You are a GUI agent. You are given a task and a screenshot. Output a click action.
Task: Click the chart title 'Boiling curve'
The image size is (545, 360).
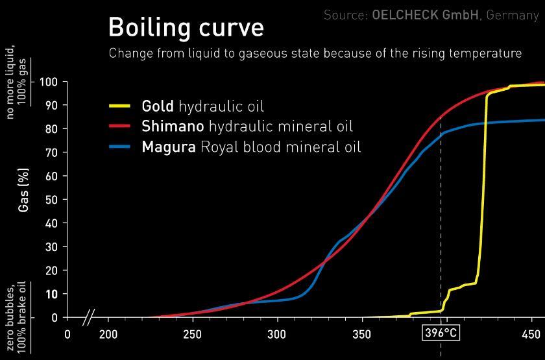click(x=186, y=27)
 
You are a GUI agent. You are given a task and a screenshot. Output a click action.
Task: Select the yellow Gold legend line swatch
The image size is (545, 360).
click(x=121, y=105)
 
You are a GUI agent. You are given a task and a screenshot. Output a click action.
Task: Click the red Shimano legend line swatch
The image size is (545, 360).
click(x=121, y=126)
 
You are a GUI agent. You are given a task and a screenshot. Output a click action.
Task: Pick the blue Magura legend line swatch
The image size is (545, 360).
click(x=121, y=147)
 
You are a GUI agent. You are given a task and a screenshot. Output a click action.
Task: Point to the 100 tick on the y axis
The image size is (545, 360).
click(x=49, y=82)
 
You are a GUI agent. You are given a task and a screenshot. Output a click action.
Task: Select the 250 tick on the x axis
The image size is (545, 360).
click(x=193, y=335)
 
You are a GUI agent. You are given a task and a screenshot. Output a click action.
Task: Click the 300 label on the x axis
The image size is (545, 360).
click(x=277, y=335)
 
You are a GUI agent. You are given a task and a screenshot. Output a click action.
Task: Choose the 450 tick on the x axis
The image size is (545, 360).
click(x=531, y=335)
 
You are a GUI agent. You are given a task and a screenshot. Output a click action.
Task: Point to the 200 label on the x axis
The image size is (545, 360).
click(x=108, y=335)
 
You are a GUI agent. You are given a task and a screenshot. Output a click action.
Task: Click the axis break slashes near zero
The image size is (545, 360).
click(x=90, y=318)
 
